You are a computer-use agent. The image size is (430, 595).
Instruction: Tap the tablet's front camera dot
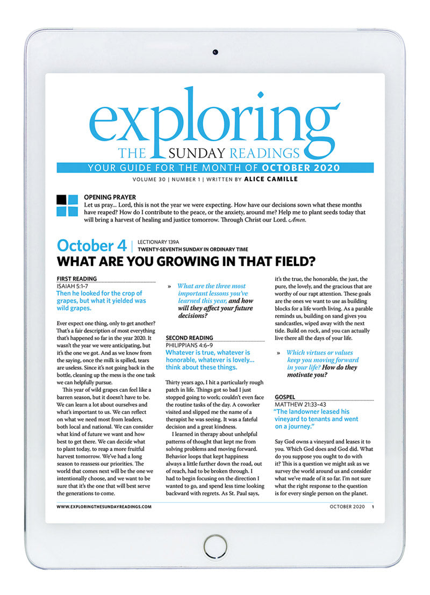pos(215,52)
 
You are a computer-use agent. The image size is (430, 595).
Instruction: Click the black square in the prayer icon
pos(62,199)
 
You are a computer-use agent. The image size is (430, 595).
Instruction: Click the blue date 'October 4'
pos(92,246)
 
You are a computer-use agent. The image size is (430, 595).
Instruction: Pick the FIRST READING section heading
pos(77,278)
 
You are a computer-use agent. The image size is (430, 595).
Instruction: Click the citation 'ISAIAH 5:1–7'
pos(76,286)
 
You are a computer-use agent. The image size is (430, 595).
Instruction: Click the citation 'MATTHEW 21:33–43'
pos(302,404)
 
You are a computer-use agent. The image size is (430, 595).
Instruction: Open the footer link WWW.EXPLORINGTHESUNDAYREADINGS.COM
pos(104,506)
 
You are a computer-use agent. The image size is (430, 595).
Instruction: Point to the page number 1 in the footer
pos(372,506)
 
